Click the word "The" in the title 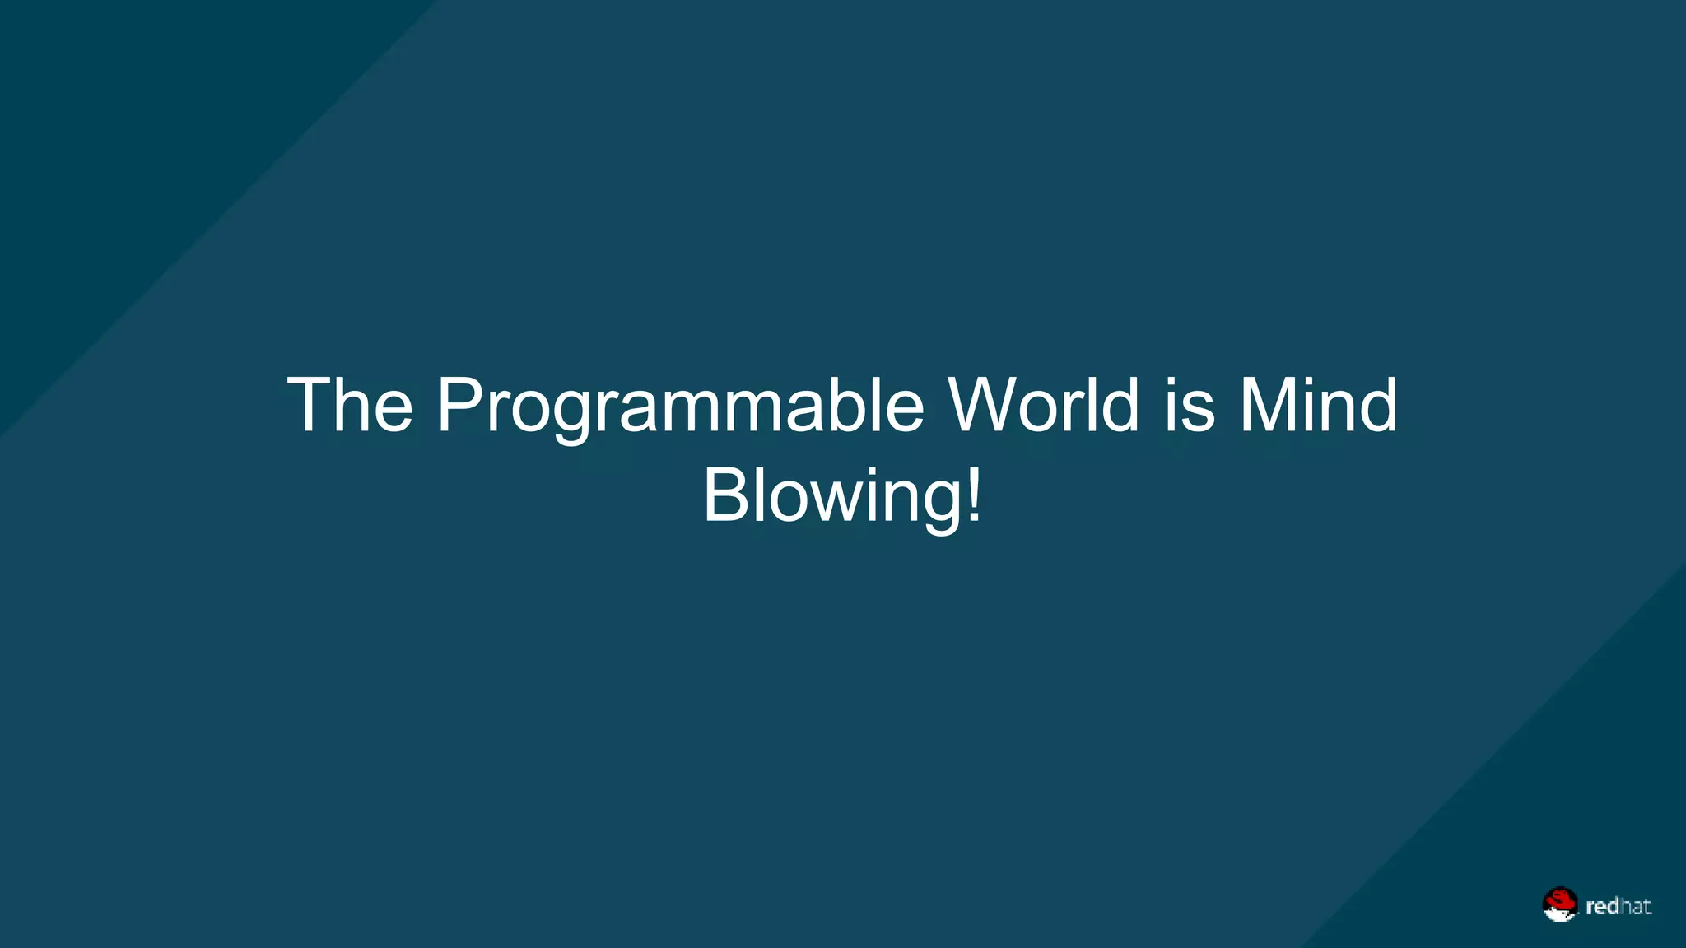pyautogui.click(x=350, y=405)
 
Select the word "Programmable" pyautogui.click(x=680, y=407)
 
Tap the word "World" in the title pyautogui.click(x=1044, y=405)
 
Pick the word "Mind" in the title pyautogui.click(x=1318, y=405)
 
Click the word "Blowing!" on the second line pyautogui.click(x=842, y=495)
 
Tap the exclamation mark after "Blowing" pyautogui.click(x=974, y=494)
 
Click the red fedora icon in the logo pyautogui.click(x=1559, y=903)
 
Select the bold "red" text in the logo pyautogui.click(x=1602, y=907)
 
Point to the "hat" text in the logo pyautogui.click(x=1635, y=906)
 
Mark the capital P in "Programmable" pyautogui.click(x=462, y=405)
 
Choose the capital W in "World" pyautogui.click(x=985, y=405)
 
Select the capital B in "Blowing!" pyautogui.click(x=725, y=495)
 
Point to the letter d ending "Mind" pyautogui.click(x=1375, y=405)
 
